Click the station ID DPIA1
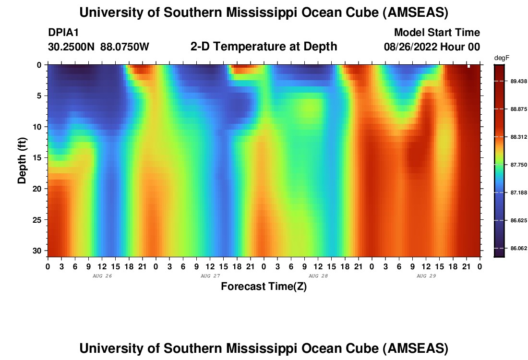click(63, 33)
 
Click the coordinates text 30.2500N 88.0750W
click(98, 47)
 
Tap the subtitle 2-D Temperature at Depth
click(264, 47)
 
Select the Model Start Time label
click(437, 33)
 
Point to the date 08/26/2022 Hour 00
click(432, 47)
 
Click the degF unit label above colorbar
click(502, 58)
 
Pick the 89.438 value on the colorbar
click(519, 81)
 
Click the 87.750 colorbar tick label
click(519, 165)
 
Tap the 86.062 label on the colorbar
click(519, 248)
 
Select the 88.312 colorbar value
click(519, 137)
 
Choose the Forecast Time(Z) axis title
click(264, 287)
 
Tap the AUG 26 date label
click(102, 276)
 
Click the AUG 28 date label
click(318, 276)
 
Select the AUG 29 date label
click(426, 276)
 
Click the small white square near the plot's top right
click(468, 66)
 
